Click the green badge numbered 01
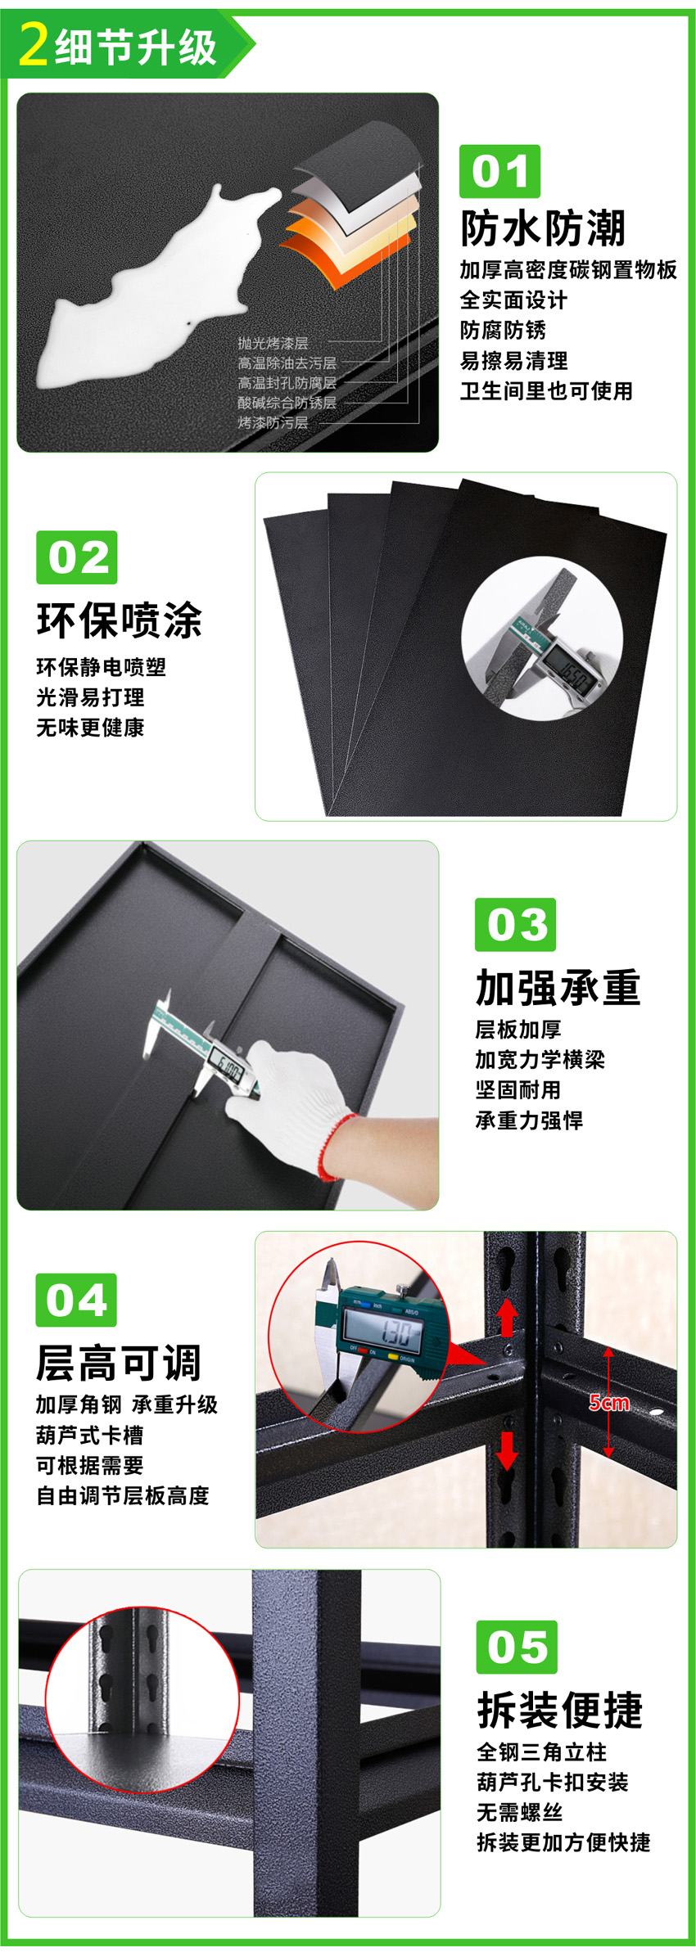coord(499,171)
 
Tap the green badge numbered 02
coord(77,557)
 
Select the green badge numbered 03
coord(516,924)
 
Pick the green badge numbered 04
coord(76,1300)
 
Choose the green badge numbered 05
coord(517,1647)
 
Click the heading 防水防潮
coord(543,228)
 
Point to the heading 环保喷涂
coord(119,620)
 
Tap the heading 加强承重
coord(558,987)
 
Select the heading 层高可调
coord(118,1363)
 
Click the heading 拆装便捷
coord(560,1710)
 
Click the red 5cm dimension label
coord(609,1403)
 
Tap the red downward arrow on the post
coord(508,1449)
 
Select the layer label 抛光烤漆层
coord(273,344)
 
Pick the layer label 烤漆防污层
coord(273,423)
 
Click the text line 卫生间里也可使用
coord(546,391)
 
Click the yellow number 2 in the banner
coord(34,44)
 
